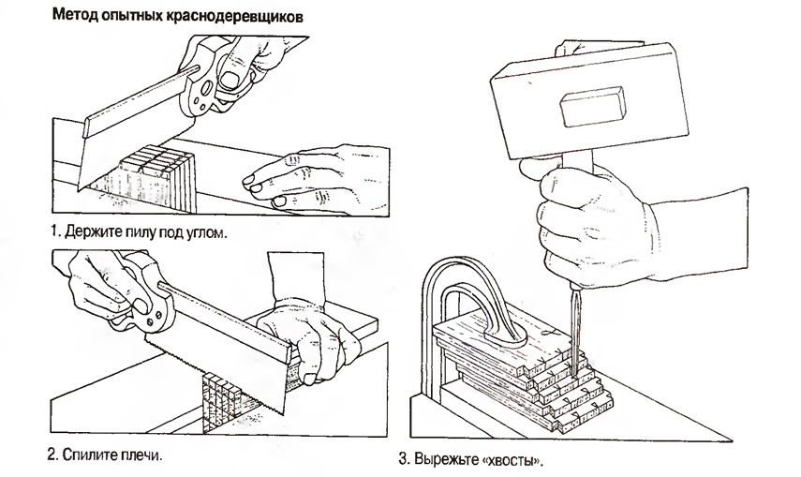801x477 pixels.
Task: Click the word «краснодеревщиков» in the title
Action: point(253,17)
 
